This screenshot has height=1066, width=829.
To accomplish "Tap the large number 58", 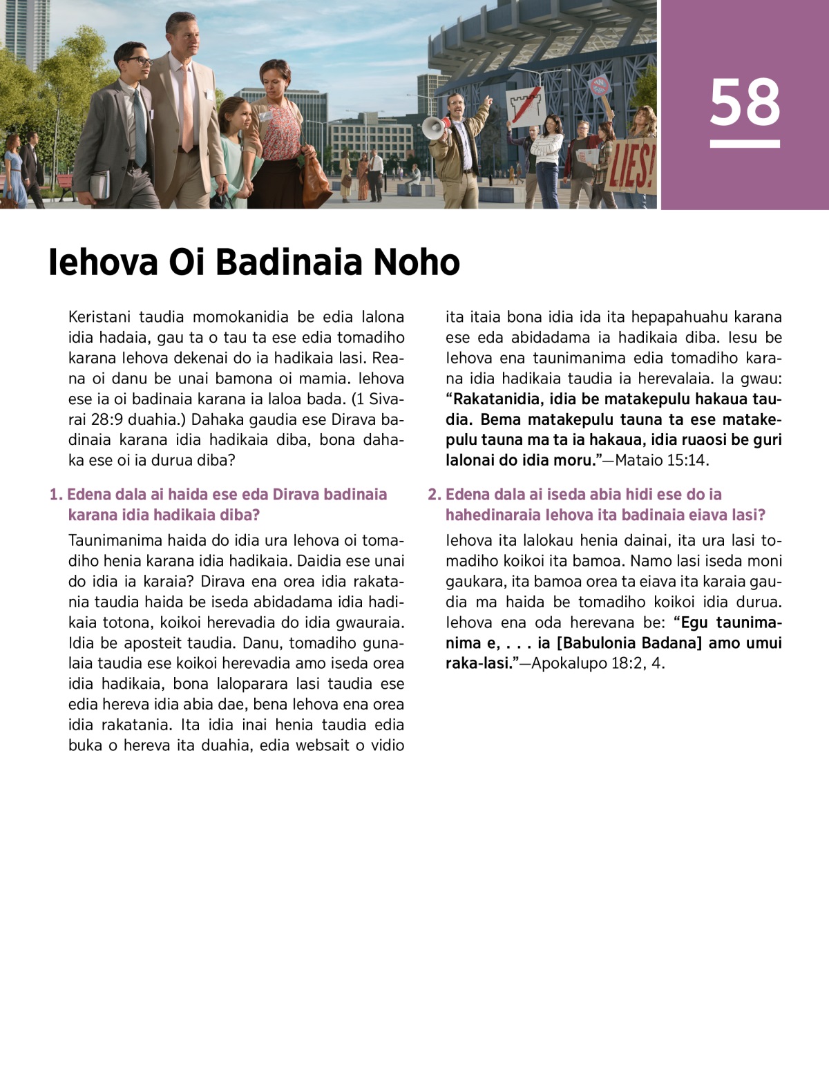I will (x=745, y=102).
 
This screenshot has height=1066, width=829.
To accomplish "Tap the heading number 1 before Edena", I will (x=55, y=495).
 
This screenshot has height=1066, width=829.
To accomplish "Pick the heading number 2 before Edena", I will (x=434, y=495).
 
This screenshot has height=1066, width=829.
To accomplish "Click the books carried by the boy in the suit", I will (x=101, y=184).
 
